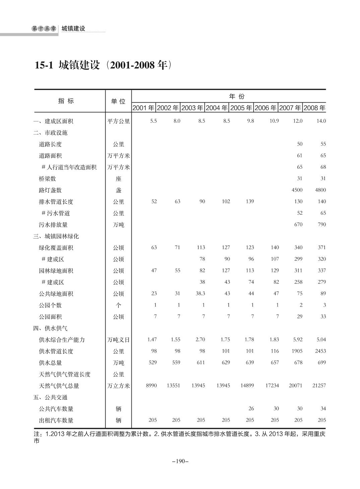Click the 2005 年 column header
[x=241, y=108]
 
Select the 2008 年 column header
[x=314, y=108]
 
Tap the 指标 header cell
[x=66, y=101]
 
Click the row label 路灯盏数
[x=50, y=190]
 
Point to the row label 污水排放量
[x=53, y=225]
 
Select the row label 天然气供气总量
[x=59, y=386]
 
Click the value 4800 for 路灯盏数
[x=320, y=190]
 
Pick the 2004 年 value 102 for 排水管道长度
[x=226, y=201]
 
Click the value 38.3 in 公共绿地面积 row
[x=200, y=293]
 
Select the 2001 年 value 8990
[x=151, y=385]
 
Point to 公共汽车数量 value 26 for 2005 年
[x=251, y=409]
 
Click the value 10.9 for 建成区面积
[x=274, y=121]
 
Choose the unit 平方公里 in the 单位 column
[x=118, y=121]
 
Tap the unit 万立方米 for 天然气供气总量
[x=118, y=386]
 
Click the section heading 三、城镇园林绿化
[x=56, y=236]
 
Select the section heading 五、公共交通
[x=50, y=397]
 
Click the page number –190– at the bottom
[x=180, y=461]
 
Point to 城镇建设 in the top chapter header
[x=73, y=29]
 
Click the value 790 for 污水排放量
[x=321, y=224]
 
